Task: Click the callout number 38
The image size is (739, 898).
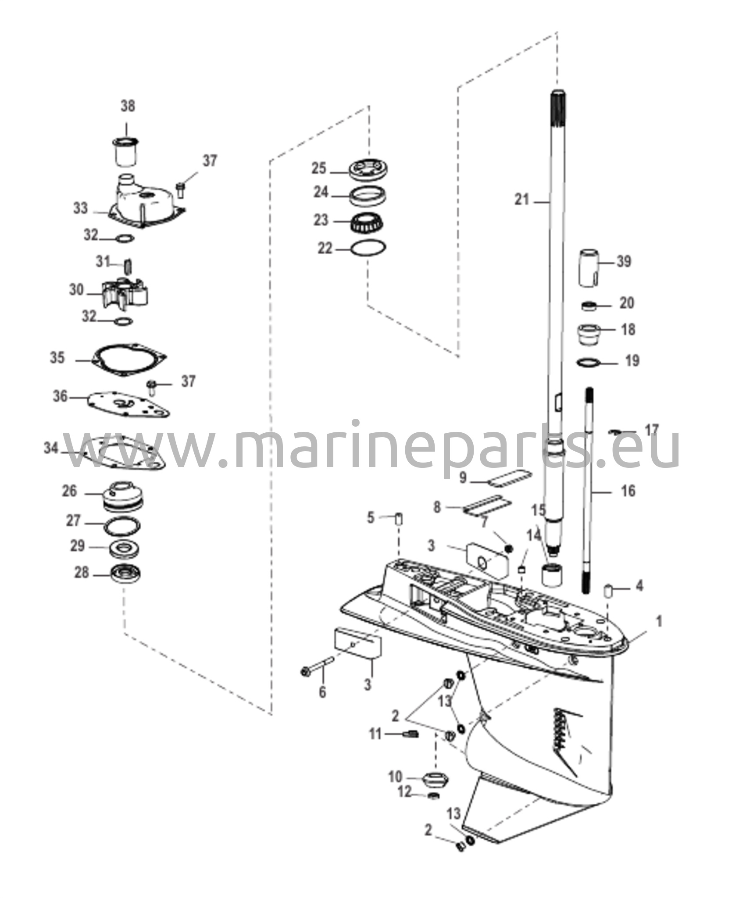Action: point(128,106)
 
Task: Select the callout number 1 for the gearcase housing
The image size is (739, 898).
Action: point(659,621)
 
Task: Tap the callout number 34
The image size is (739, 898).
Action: point(51,448)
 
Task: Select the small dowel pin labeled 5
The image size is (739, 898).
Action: point(399,520)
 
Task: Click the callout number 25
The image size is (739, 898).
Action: point(319,168)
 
